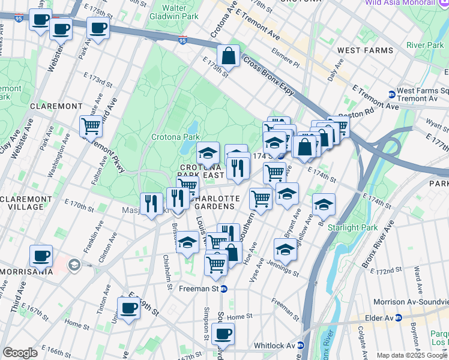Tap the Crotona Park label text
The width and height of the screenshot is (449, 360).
click(182, 137)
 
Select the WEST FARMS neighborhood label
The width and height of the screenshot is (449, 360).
click(365, 50)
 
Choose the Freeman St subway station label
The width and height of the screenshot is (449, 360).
click(199, 289)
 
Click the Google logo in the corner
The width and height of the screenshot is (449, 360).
click(20, 353)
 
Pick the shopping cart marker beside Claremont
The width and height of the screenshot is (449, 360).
click(91, 126)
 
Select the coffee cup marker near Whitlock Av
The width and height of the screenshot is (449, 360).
click(223, 334)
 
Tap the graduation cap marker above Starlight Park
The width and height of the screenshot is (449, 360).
click(324, 205)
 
